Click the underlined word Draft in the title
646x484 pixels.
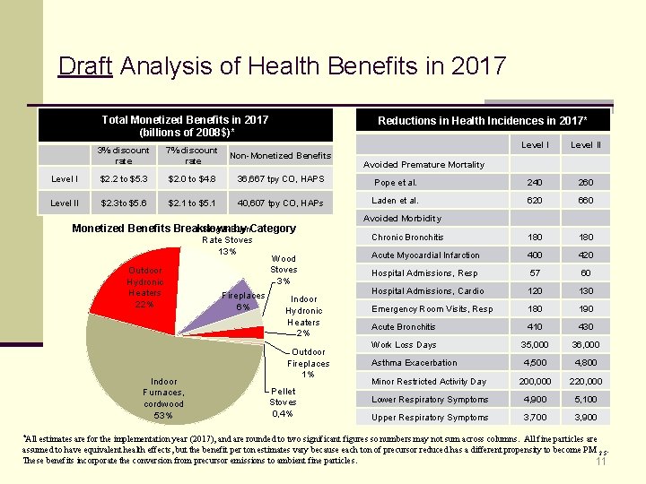pos(84,66)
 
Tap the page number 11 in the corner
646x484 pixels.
pos(601,462)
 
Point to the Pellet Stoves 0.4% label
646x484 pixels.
pos(284,402)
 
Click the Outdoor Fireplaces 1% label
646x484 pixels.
pos(308,363)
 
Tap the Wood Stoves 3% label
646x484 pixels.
pos(284,270)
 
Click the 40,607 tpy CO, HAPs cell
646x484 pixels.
pos(280,203)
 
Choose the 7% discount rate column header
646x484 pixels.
pos(193,155)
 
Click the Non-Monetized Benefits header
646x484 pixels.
pos(280,155)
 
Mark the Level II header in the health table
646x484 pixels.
pos(586,144)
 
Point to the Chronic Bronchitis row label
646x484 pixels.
pos(407,238)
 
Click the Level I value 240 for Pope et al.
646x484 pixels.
pos(537,183)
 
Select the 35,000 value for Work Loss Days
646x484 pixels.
pos(537,345)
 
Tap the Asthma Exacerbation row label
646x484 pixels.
pos(414,363)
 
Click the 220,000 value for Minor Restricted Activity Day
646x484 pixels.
pos(586,381)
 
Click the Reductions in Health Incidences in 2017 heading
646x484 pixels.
pos(483,120)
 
